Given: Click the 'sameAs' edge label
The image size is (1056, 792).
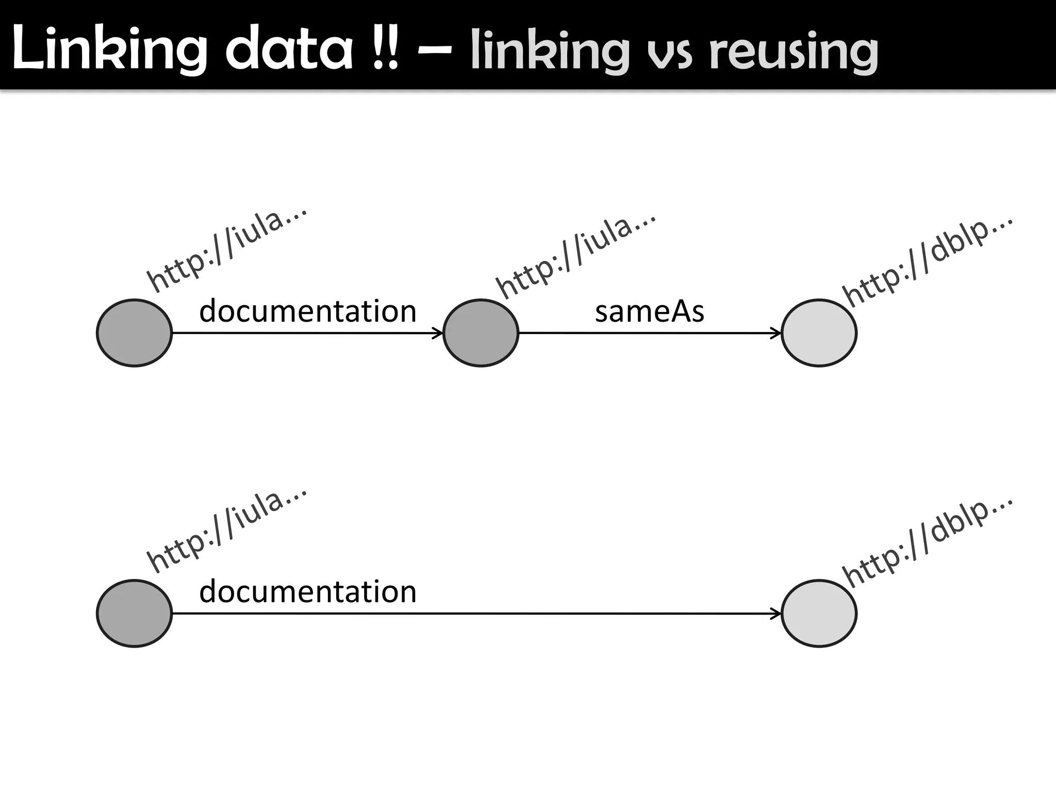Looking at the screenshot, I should tap(649, 312).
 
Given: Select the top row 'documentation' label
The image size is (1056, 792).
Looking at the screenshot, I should tap(308, 311).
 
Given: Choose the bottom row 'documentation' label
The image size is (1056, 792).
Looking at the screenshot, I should tap(308, 591).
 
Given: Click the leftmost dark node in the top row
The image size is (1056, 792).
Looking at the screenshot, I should tap(134, 333).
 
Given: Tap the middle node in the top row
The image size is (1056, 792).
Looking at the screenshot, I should tap(481, 333).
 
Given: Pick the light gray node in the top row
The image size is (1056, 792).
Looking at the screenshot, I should tap(819, 333).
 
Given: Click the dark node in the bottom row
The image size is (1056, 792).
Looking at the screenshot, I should tap(134, 614).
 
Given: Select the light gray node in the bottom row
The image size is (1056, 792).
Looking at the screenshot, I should tap(819, 614).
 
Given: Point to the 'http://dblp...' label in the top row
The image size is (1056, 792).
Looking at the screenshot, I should tap(928, 261).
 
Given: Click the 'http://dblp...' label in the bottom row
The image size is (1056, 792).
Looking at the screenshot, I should tap(928, 541).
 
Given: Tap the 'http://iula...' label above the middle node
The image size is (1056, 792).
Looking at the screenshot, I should tap(575, 255).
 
